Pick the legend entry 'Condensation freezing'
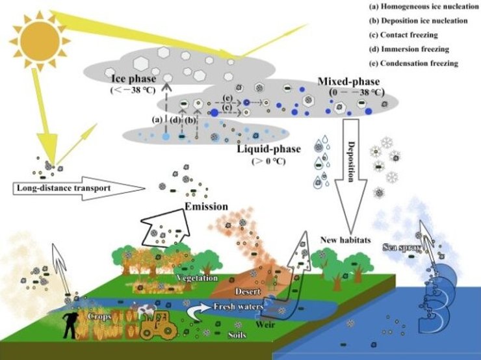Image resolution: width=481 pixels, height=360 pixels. pyautogui.click(x=413, y=64)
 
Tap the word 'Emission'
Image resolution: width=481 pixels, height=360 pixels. pyautogui.click(x=205, y=207)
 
